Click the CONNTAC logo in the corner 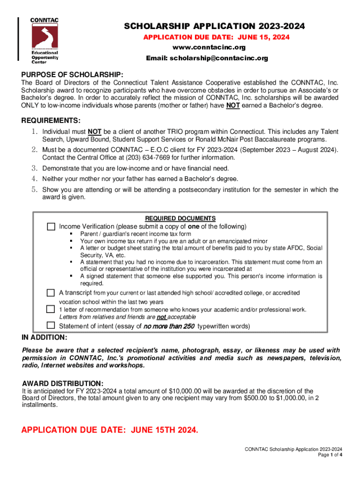[44, 40]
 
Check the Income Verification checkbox [51, 227]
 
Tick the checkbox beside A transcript [51, 293]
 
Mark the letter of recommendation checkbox [51, 309]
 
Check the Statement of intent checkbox [51, 326]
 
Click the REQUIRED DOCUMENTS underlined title [180, 218]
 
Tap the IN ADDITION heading [45, 337]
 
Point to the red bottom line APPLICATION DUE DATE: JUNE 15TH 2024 [110, 430]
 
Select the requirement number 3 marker [34, 168]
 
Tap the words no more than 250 [169, 326]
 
